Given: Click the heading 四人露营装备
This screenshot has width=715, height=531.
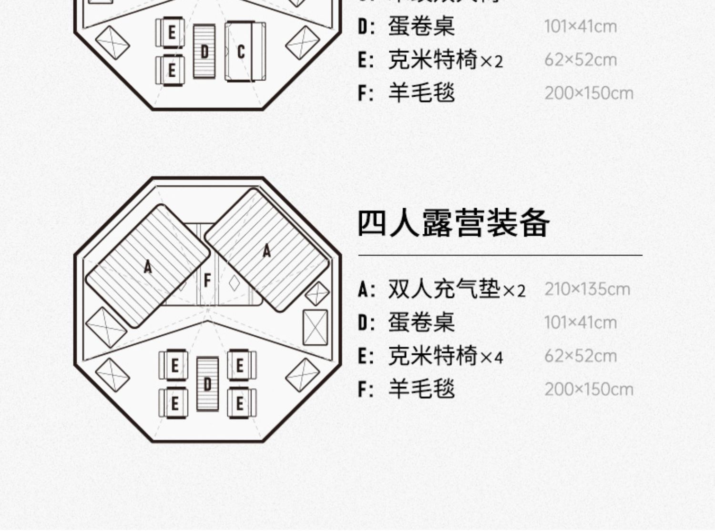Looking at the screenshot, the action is point(453,223).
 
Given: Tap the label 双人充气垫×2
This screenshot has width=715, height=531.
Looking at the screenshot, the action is point(456,289).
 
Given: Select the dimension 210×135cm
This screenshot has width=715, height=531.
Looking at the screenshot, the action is point(587,289).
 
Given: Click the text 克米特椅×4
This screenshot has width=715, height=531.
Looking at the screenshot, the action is point(445,356).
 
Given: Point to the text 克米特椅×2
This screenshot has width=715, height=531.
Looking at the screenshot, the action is point(445,60).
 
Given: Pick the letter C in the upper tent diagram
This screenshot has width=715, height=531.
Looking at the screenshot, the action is point(241,51).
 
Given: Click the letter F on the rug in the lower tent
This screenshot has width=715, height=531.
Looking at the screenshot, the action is point(207,281).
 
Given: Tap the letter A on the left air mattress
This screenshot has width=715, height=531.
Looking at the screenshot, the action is point(148,267).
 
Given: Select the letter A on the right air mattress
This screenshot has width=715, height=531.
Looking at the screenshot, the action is point(267,250).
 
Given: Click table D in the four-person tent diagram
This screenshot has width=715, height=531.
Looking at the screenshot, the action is point(207,383).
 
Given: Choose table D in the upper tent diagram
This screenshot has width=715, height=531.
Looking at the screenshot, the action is point(204,51).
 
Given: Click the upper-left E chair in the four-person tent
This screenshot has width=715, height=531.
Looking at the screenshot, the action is point(174,366).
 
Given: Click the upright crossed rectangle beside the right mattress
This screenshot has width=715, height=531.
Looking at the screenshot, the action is point(315,328).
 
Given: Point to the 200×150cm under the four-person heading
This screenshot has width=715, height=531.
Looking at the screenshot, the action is point(589,390).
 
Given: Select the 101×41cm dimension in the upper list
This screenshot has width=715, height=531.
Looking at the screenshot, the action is point(580,26).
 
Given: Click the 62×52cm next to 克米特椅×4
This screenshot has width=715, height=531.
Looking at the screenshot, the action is point(580,356).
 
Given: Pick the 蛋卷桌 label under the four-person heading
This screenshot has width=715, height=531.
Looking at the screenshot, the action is point(421,322).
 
